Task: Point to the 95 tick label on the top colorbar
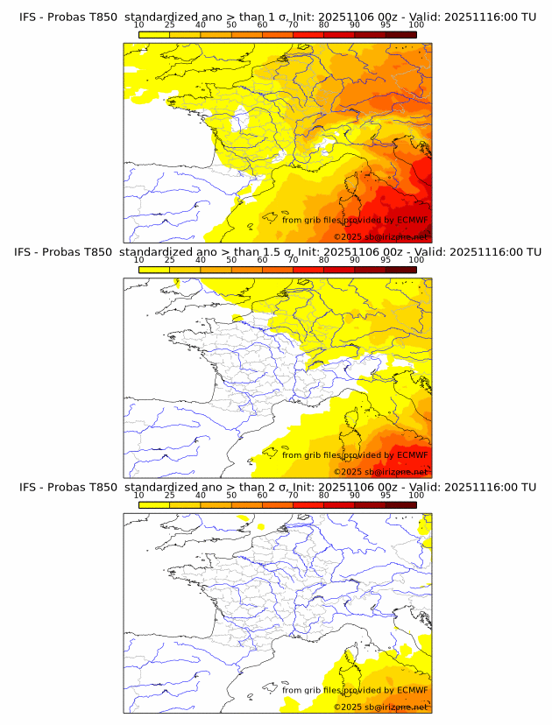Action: [x=386, y=25]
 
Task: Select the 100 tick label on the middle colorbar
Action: [x=416, y=260]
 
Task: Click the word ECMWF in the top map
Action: [x=413, y=220]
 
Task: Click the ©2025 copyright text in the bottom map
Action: [x=348, y=707]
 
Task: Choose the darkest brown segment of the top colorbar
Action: [x=400, y=34]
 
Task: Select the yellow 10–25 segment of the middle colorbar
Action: [x=153, y=270]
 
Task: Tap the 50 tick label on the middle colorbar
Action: [x=231, y=260]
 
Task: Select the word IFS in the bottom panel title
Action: [x=28, y=487]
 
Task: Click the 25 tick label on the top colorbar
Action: [x=169, y=25]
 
